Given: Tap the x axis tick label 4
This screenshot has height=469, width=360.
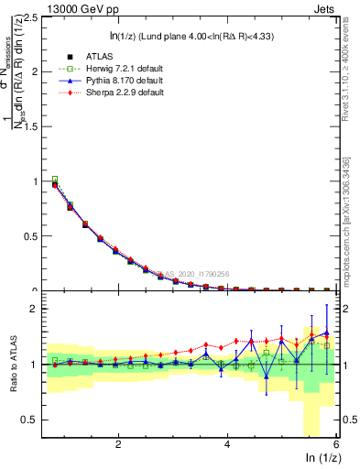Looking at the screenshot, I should coord(227,444).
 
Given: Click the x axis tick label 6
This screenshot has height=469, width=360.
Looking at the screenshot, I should coord(336,444).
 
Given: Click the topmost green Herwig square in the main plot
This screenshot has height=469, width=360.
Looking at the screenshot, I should coord(55,180).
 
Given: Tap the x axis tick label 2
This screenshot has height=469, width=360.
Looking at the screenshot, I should coord(118,444).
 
